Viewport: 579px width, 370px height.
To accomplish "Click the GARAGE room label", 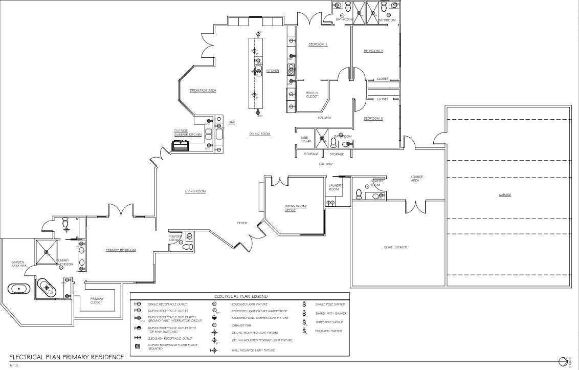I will click(505, 195).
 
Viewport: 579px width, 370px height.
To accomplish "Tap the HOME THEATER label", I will click(395, 247).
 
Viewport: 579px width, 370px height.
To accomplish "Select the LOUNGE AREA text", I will click(417, 179).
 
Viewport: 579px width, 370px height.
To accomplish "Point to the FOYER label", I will click(242, 223).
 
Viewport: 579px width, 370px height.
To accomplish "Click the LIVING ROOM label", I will click(195, 191).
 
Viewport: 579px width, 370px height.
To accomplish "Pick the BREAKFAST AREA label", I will click(203, 90).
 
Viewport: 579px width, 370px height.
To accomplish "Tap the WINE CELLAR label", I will click(306, 139).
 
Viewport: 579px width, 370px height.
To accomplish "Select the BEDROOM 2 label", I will click(373, 51).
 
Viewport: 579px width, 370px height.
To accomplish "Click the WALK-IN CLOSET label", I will click(312, 95).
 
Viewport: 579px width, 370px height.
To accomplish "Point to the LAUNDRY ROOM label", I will click(334, 187).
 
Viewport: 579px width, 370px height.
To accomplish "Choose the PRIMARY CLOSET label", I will click(97, 300).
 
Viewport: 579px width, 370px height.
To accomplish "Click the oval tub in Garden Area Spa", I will click(20, 289).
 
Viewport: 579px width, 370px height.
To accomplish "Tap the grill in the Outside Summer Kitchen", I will click(181, 146).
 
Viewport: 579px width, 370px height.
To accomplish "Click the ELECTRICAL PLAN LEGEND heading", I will click(240, 296).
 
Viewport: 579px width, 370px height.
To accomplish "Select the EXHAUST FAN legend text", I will click(242, 324).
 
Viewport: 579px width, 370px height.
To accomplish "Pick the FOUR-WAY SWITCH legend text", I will click(329, 331).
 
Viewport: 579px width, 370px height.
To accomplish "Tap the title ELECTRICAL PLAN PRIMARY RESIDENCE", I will click(66, 357).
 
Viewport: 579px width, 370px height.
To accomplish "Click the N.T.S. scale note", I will click(14, 365).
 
